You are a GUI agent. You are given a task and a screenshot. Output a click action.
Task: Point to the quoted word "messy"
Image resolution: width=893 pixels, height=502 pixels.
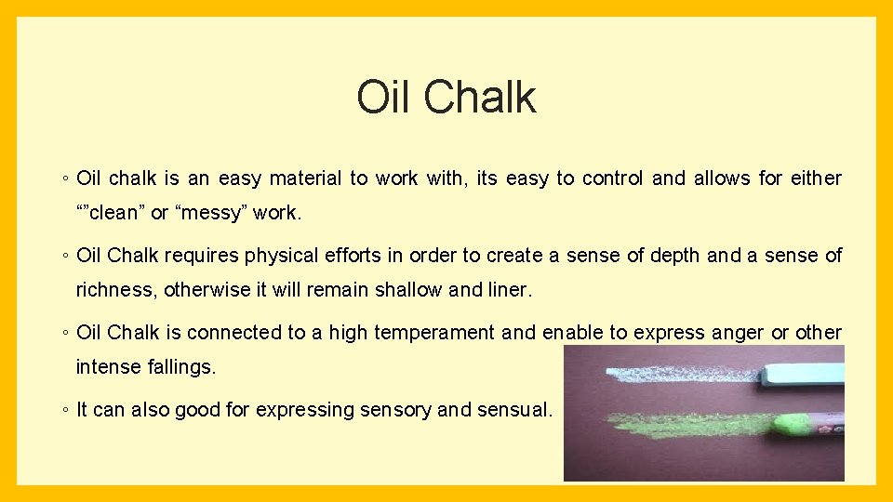coord(209,213)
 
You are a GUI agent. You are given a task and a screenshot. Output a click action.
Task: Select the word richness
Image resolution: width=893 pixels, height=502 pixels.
coord(116,290)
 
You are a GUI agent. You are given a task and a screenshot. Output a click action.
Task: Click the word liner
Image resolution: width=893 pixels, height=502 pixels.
coord(509,290)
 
